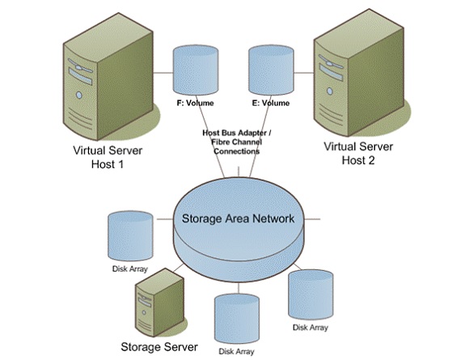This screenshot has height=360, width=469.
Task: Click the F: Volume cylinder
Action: pos(196,70)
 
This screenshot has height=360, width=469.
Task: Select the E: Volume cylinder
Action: pos(271,70)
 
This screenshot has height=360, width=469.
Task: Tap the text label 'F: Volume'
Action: pos(195,104)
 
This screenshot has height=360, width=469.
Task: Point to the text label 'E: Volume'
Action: pos(271,104)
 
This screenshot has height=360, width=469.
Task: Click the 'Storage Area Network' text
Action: pos(238,218)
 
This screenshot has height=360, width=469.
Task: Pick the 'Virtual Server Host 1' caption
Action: pos(108,157)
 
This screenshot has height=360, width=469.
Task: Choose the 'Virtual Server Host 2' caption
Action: pos(358,154)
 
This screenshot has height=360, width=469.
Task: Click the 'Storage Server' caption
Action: pos(159,347)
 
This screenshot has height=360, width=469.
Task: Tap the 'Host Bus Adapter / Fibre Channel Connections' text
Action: pos(237,142)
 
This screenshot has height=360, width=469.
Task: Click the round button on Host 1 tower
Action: pos(79,95)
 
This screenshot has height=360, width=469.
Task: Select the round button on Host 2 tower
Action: pos(330,91)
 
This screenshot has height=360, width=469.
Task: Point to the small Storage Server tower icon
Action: pos(160,303)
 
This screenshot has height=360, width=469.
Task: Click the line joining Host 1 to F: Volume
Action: pos(163,73)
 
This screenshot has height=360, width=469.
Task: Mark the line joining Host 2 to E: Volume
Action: pos(304,73)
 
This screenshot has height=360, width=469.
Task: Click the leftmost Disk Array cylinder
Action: pos(130,235)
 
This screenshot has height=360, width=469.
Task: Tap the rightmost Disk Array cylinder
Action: pos(311,294)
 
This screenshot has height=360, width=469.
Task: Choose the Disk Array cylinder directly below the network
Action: pos(237,319)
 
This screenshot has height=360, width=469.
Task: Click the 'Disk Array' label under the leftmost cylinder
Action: pos(130,269)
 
